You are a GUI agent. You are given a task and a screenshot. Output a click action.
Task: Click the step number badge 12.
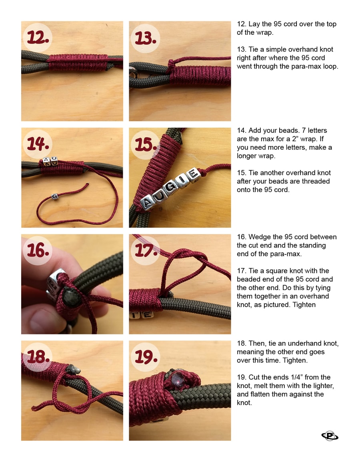(x=38, y=38)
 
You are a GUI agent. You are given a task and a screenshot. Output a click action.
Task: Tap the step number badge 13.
(x=145, y=38)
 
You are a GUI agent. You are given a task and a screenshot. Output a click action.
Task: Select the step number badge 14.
(x=38, y=144)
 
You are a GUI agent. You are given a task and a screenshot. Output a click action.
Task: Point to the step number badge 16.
(x=38, y=250)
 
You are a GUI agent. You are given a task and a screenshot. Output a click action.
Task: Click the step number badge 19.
(x=145, y=357)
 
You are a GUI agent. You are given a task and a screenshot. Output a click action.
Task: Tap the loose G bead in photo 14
(x=55, y=196)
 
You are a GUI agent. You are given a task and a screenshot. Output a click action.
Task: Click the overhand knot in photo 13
(x=171, y=64)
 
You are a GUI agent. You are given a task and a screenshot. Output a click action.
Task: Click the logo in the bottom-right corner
(x=330, y=436)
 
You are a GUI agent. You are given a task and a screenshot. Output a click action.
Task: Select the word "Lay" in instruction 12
(x=254, y=24)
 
